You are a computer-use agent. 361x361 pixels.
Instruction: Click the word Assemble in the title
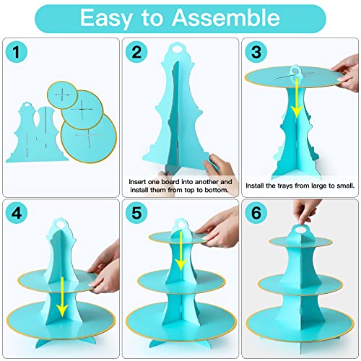(x=225, y=17)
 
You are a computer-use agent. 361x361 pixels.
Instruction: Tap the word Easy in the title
(x=106, y=19)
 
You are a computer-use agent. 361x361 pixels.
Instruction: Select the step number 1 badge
(x=16, y=51)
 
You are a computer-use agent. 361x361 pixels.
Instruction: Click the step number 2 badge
(x=136, y=51)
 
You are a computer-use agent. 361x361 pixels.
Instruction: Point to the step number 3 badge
(x=256, y=51)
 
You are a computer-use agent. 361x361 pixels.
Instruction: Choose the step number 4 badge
(x=16, y=213)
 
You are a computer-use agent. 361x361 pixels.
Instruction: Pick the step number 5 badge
(x=136, y=213)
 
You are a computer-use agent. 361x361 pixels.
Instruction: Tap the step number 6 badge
(x=256, y=213)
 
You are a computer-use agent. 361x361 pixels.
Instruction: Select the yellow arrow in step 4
(x=62, y=297)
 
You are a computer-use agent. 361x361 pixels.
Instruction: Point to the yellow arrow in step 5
(x=180, y=251)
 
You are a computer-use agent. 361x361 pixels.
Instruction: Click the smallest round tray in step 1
(x=62, y=95)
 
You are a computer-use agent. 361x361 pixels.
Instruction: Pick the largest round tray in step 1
(x=89, y=138)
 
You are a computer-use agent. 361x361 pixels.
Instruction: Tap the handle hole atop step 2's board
(x=178, y=48)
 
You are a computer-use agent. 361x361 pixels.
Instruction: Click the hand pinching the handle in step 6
(x=305, y=212)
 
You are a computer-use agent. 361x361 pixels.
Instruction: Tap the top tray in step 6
(x=300, y=241)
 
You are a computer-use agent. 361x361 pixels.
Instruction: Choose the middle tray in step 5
(x=181, y=282)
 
